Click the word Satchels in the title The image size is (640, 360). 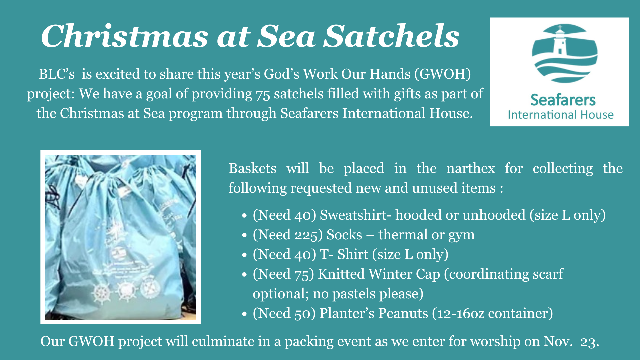392,36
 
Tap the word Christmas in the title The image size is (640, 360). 125,36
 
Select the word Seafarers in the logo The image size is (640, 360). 563,100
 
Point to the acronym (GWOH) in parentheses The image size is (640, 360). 443,74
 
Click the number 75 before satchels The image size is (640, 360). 263,94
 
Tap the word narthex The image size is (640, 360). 470,168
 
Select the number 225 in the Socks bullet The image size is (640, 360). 308,235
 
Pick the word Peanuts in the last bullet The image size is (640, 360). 403,313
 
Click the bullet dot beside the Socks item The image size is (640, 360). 244,235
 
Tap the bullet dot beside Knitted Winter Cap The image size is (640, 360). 244,275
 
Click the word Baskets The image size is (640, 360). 252,168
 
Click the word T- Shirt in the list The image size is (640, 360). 344,254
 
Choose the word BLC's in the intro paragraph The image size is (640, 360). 57,74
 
